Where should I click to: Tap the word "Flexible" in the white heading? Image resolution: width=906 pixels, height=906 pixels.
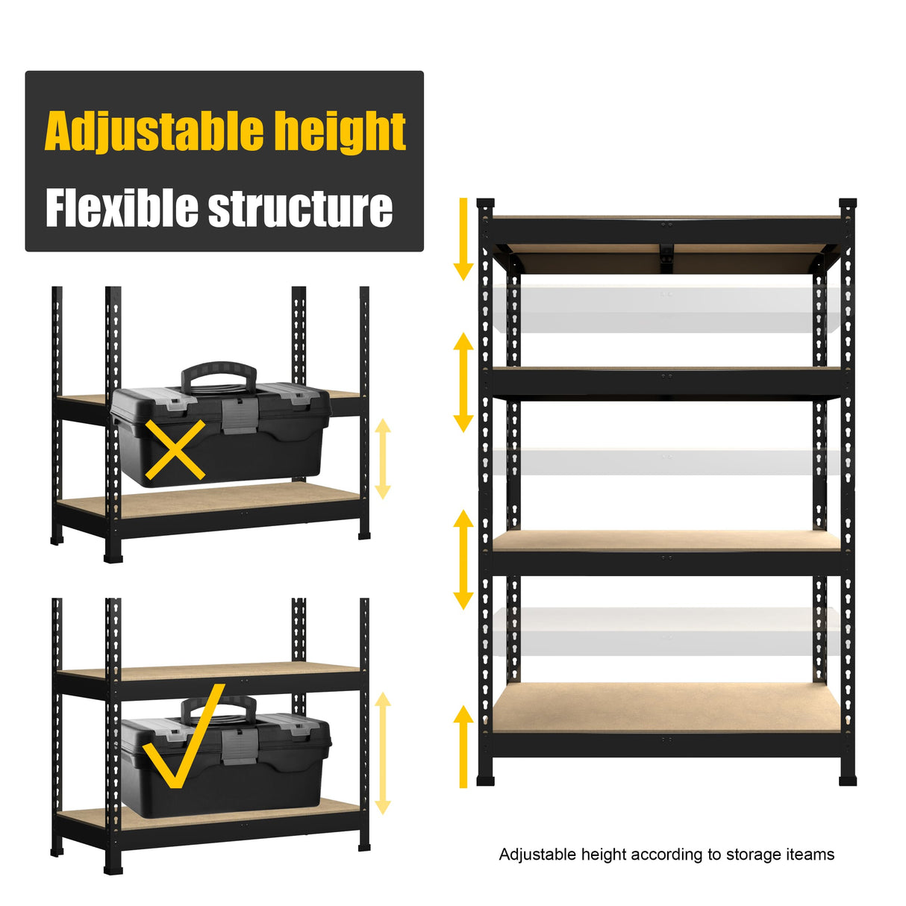(x=122, y=208)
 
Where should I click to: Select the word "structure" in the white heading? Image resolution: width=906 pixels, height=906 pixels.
(x=300, y=209)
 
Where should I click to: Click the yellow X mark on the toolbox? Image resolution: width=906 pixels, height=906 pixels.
(x=175, y=449)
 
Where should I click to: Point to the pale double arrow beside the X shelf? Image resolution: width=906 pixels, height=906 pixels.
(x=383, y=458)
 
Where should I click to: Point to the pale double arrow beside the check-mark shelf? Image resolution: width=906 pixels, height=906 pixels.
(x=383, y=752)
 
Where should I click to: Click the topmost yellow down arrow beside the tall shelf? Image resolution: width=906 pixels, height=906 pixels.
(x=463, y=239)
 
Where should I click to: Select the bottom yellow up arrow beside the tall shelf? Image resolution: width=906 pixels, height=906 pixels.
(x=463, y=746)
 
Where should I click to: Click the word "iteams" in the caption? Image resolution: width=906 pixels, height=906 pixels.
(x=809, y=855)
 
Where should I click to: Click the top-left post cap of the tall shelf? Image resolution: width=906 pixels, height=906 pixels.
(x=485, y=204)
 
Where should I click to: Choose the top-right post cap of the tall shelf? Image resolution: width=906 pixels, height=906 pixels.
(x=848, y=204)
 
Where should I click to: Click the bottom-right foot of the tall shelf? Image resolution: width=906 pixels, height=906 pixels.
(x=848, y=781)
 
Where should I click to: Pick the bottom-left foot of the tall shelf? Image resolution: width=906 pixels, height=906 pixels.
(x=486, y=781)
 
